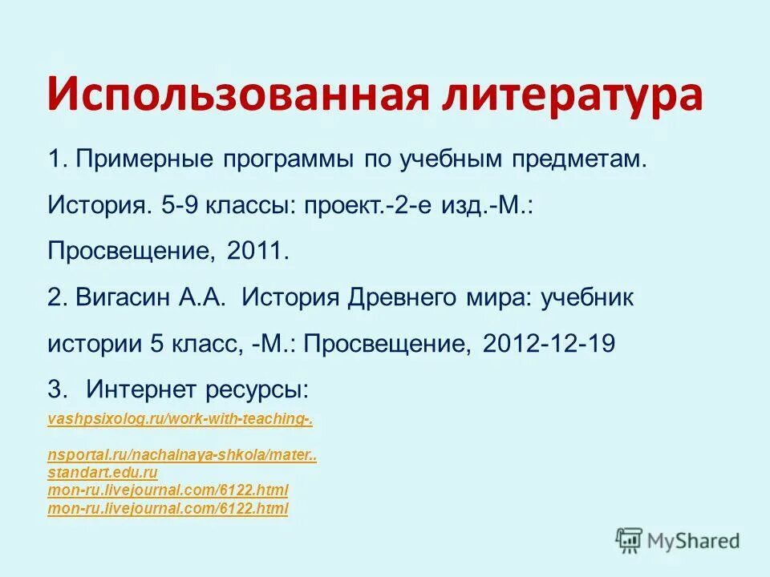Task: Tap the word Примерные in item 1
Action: (140, 159)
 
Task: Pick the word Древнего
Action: (392, 298)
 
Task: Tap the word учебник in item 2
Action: (587, 298)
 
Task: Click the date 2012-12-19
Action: (549, 345)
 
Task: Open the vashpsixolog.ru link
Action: (180, 419)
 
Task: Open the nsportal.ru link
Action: (182, 456)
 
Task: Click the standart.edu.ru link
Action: (103, 473)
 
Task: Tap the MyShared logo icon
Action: (630, 541)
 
